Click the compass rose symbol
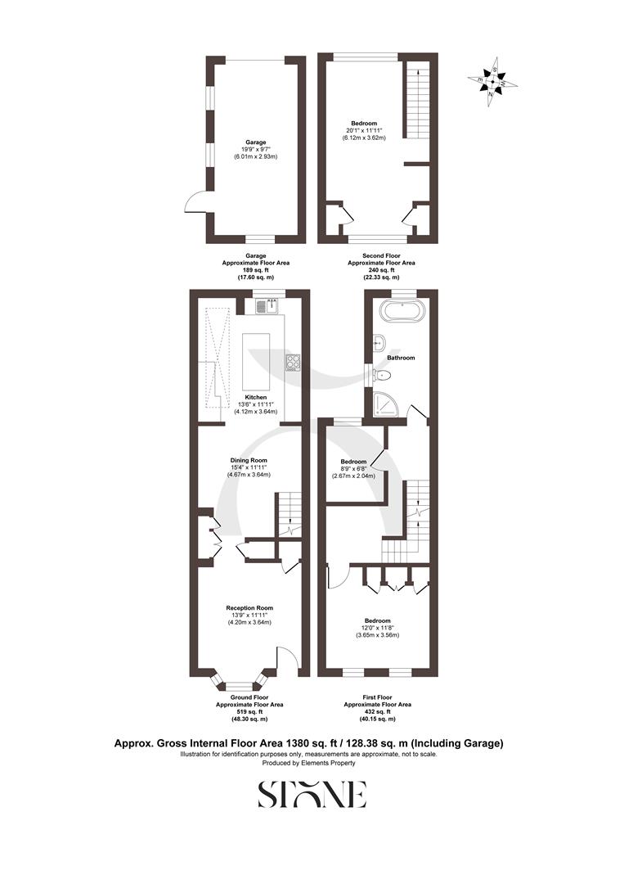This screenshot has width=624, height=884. coord(492,79)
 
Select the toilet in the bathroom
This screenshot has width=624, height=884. coord(382,375)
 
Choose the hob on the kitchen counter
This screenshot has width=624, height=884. coord(293,361)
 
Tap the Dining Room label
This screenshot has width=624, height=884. coord(249,460)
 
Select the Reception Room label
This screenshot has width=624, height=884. coord(249,608)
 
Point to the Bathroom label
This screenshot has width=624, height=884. coord(401,358)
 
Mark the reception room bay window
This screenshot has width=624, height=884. coord(240,683)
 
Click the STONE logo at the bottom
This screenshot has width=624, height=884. coord(312,794)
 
